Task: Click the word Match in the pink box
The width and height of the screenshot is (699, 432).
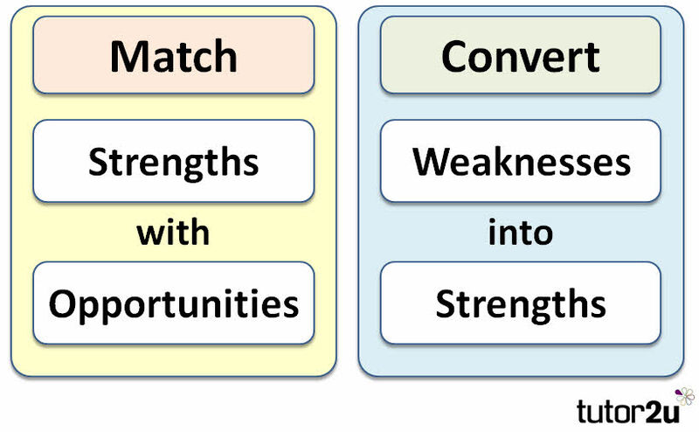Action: [173, 56]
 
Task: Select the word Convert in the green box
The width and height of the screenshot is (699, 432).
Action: [520, 57]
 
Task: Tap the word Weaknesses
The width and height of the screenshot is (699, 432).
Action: [521, 161]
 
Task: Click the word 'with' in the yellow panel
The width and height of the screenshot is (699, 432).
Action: [173, 232]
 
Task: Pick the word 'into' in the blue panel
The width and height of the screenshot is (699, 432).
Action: [520, 232]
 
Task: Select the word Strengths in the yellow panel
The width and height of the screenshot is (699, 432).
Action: [173, 162]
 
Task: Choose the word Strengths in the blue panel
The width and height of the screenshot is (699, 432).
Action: [521, 304]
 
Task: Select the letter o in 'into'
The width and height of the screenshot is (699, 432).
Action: [543, 234]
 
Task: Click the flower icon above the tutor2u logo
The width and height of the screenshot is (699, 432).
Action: [685, 396]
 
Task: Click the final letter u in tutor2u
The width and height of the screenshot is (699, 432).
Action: [669, 414]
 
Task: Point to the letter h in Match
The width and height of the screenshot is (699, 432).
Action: [226, 56]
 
